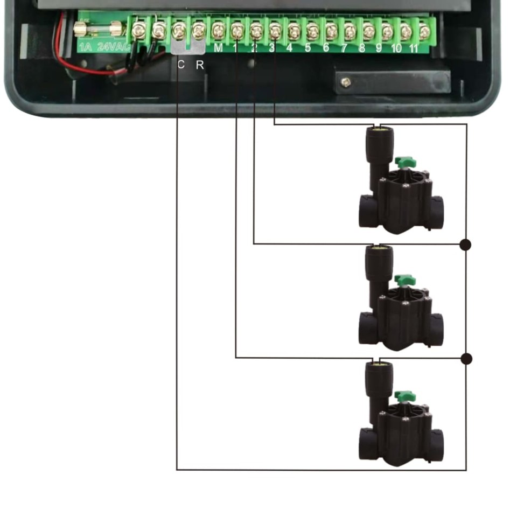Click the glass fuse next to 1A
coord(99,27)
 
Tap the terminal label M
coord(218,47)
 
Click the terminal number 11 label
coord(414,48)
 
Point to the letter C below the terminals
coord(181,65)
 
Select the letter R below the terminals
coord(200,65)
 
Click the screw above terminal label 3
coord(275,31)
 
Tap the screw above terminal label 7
coord(350,31)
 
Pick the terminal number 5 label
coord(308,48)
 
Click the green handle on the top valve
coord(404,162)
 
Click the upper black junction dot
coord(466,245)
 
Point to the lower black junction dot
coord(466,359)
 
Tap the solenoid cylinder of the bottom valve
coord(379,379)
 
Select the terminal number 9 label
coord(379,48)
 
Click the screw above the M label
coord(218,30)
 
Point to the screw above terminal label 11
coord(424,31)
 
